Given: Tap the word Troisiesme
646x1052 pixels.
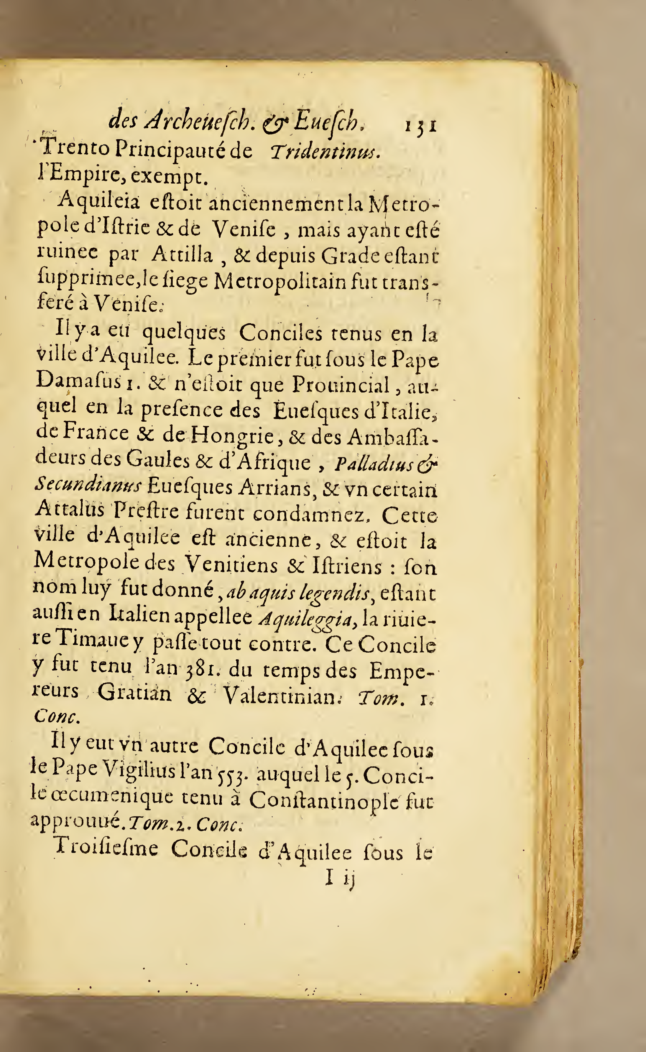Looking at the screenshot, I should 107,849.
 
